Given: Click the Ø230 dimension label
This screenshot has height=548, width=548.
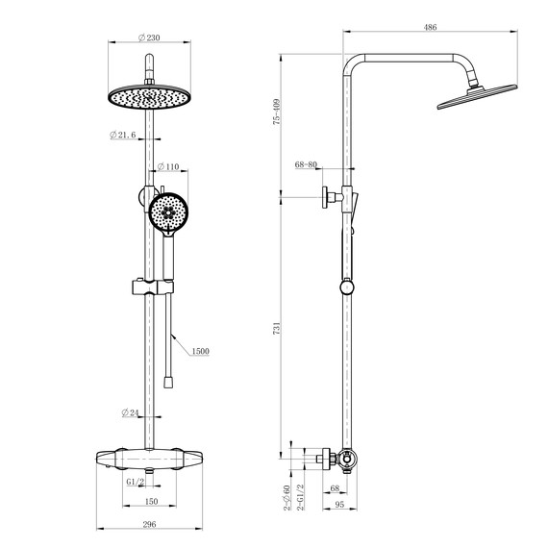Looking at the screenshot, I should click(148, 37).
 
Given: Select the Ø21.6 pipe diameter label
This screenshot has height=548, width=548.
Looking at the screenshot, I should click(126, 136).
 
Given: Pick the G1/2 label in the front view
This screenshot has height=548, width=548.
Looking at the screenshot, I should click(135, 480).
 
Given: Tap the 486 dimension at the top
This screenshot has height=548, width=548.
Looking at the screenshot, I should click(430, 29).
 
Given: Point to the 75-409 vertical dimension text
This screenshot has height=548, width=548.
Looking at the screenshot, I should click(276, 112).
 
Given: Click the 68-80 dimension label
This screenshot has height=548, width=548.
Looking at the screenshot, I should click(307, 165).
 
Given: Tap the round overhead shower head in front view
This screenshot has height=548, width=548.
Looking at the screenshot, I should click(147, 98).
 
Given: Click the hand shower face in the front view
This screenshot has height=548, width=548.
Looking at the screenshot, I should click(171, 212).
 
